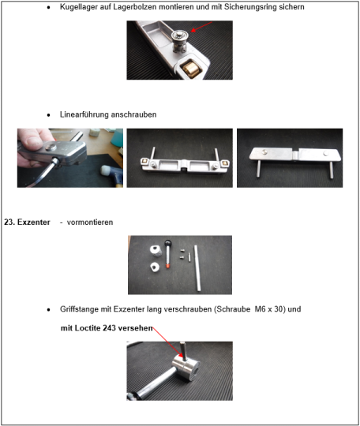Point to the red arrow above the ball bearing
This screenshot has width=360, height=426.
(201, 27)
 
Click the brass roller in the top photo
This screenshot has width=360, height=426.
(192, 69)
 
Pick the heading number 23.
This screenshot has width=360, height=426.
(9, 222)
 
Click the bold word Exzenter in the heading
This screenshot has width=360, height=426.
(34, 222)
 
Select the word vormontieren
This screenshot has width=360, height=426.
(90, 222)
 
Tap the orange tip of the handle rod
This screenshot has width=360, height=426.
(168, 266)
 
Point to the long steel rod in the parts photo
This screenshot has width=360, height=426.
(197, 268)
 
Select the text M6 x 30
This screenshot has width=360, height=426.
(270, 309)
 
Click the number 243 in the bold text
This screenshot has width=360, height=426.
(110, 328)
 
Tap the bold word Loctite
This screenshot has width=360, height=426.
(88, 328)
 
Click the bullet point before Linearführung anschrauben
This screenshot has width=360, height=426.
(48, 115)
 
